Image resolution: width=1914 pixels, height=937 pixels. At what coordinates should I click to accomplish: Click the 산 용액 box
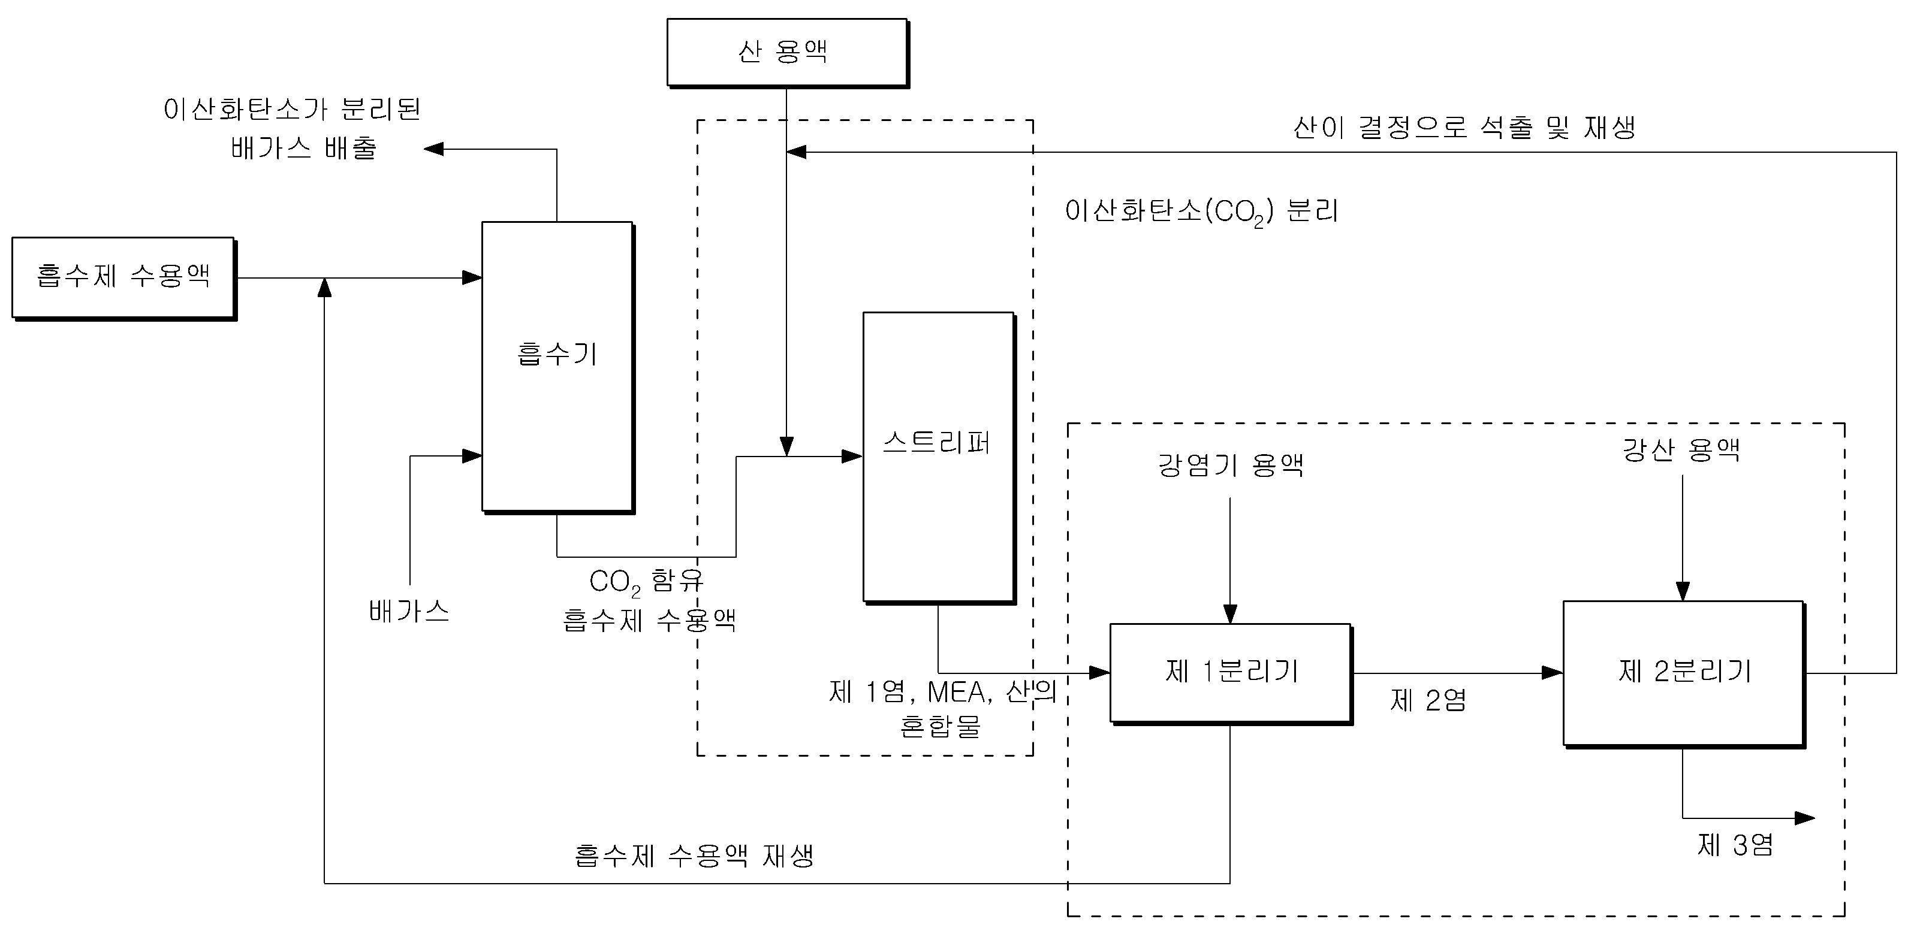(788, 53)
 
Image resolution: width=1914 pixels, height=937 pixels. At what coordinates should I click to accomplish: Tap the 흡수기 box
(558, 367)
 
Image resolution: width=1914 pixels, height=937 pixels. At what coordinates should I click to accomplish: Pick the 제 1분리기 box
(1231, 673)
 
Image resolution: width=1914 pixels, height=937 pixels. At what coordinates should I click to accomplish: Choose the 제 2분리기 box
(1684, 674)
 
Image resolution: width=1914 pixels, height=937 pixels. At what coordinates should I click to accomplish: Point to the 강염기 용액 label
(1231, 466)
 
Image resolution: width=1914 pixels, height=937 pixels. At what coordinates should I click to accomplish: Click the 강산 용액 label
(1681, 450)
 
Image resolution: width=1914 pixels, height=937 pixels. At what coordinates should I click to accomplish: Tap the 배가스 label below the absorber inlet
(409, 611)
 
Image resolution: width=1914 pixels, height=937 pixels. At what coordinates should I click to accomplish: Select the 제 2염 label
(1428, 700)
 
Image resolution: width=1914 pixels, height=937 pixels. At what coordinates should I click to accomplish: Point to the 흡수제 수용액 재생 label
(694, 856)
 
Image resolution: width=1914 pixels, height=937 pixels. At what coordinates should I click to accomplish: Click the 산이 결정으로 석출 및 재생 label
(1464, 127)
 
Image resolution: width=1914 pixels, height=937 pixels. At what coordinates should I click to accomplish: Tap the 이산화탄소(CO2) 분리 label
(1201, 212)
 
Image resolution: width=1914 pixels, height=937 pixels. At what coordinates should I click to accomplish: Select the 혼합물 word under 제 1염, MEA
(940, 726)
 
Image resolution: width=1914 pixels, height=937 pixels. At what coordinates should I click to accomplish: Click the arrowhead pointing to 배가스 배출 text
(434, 149)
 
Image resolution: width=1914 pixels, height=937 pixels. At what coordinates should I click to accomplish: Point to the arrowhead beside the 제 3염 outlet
(1805, 818)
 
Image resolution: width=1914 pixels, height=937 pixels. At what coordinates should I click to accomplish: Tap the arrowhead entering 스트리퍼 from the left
(852, 457)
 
